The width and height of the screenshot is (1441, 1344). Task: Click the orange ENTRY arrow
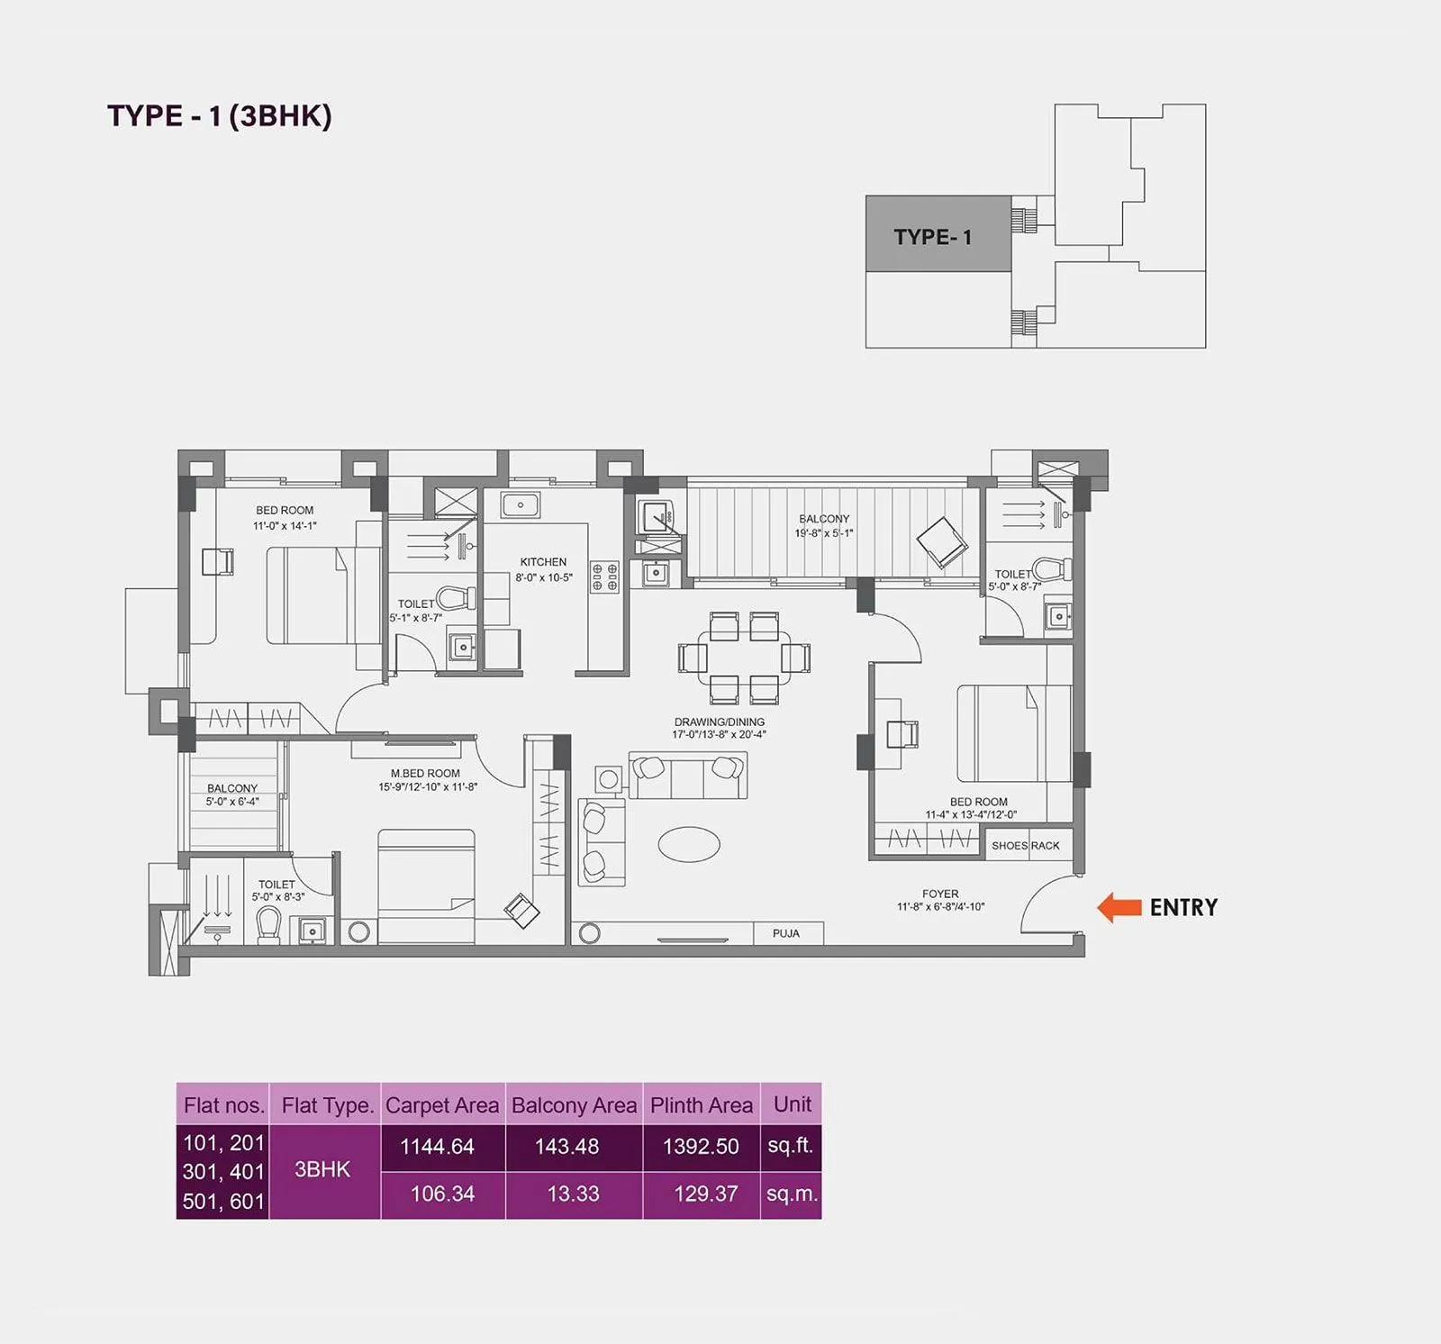(x=1119, y=907)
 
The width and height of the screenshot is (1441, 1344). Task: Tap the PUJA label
(x=785, y=933)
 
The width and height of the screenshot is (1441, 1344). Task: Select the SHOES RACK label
(x=1025, y=846)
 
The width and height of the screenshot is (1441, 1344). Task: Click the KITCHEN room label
(x=543, y=562)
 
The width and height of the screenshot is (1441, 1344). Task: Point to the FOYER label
(x=940, y=894)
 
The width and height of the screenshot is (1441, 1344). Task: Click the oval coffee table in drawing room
(x=689, y=845)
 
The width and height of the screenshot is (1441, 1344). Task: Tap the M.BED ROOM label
(x=425, y=773)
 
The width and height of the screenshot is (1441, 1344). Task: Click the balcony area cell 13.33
(x=573, y=1194)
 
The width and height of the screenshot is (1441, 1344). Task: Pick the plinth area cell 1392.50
(x=701, y=1147)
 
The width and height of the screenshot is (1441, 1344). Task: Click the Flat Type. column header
(x=327, y=1105)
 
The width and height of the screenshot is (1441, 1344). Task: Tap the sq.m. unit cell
(x=792, y=1194)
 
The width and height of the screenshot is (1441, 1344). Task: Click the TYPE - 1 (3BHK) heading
(x=220, y=116)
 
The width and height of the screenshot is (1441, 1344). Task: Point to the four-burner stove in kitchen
(x=604, y=577)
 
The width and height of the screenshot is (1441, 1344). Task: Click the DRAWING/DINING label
(x=719, y=722)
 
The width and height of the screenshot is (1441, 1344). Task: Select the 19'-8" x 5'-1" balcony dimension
(x=823, y=533)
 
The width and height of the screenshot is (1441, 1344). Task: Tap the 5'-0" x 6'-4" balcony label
(x=232, y=802)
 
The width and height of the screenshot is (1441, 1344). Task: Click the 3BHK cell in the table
(x=322, y=1169)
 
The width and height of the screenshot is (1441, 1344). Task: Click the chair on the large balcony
(x=941, y=542)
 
